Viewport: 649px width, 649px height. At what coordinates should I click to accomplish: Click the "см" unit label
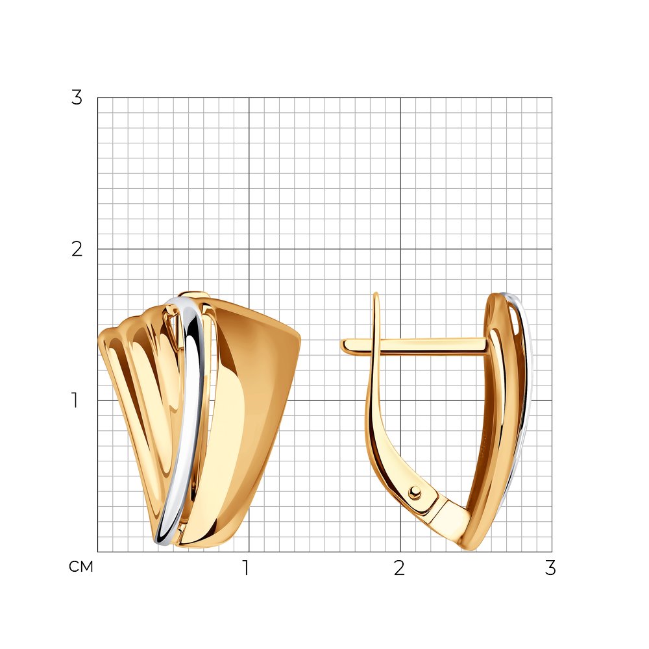coord(81,567)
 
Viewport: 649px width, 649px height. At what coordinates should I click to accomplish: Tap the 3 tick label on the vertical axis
coord(77,98)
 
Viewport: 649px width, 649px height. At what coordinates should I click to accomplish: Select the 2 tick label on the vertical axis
coord(77,249)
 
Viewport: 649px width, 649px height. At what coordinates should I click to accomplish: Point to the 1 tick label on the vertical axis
coord(75,400)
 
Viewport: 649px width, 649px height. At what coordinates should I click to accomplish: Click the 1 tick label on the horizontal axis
coord(246,568)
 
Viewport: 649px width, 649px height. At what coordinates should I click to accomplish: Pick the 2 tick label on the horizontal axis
coord(399,568)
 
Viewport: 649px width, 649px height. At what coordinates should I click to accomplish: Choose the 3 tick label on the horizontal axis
coord(550,568)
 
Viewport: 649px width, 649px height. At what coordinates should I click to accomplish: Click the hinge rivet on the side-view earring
coord(415,493)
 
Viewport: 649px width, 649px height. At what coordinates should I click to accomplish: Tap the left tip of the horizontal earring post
coord(342,346)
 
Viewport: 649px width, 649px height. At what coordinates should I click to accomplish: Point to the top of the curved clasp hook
coord(376,294)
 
